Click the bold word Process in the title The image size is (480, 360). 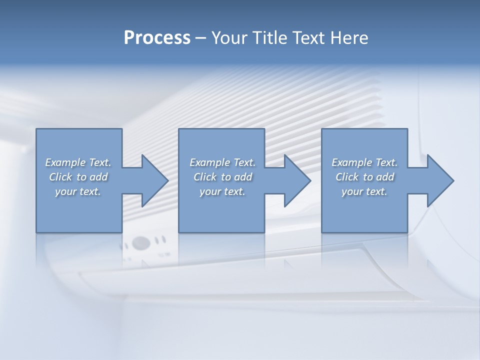[x=157, y=38]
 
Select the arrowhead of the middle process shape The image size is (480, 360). [x=296, y=180]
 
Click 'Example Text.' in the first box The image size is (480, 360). [x=78, y=162]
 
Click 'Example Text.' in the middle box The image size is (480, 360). [x=222, y=162]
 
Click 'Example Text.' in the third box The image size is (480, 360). [x=364, y=162]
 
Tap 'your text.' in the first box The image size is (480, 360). [x=78, y=191]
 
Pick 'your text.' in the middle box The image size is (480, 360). [x=222, y=191]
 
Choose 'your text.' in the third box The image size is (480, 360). [x=364, y=191]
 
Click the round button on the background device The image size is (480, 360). [x=141, y=243]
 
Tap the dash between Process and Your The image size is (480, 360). [x=201, y=38]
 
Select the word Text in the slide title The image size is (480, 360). [x=307, y=38]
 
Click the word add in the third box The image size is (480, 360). [x=385, y=177]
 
